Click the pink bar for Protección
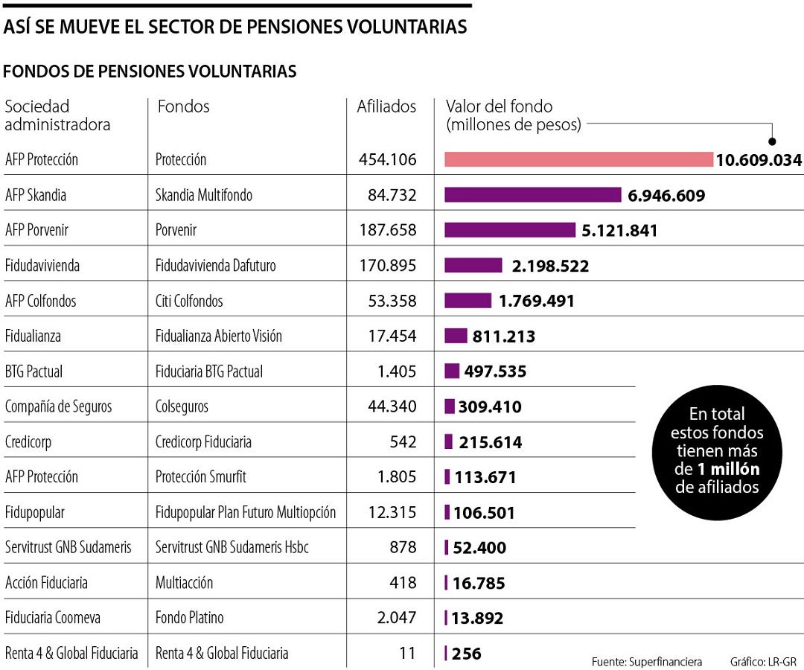[x=578, y=159]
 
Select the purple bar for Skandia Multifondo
[x=532, y=195]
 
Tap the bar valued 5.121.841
[x=510, y=230]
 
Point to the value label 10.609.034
[x=759, y=160]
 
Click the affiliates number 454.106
[x=386, y=160]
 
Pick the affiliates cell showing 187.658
[x=386, y=230]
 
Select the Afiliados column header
[x=386, y=106]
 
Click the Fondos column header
[x=183, y=106]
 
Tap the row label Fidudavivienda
[x=42, y=266]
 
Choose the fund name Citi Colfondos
[x=189, y=301]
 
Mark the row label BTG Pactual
[x=33, y=371]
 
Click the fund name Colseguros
[x=182, y=406]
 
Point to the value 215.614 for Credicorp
[x=490, y=442]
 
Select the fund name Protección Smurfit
[x=200, y=477]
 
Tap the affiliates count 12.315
[x=392, y=513]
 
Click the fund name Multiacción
[x=184, y=583]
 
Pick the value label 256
[x=467, y=654]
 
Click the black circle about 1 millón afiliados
[x=717, y=451]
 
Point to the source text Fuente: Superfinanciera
[x=646, y=662]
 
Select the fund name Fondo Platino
[x=189, y=618]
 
